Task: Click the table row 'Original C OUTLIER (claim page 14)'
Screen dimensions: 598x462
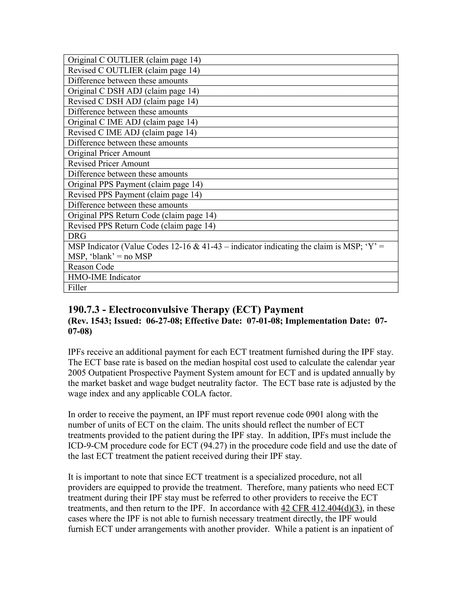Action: (x=134, y=60)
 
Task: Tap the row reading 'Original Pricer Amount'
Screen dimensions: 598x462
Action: (x=109, y=153)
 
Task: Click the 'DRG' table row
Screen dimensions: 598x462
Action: (x=77, y=236)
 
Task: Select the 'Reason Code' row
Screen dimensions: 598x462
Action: (x=91, y=267)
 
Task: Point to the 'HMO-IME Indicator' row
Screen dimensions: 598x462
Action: (x=104, y=277)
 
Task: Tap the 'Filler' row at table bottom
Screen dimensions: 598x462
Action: (x=77, y=287)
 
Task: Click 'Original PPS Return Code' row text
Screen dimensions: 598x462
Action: (x=142, y=216)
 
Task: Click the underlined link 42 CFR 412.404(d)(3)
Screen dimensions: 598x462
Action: (x=322, y=508)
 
